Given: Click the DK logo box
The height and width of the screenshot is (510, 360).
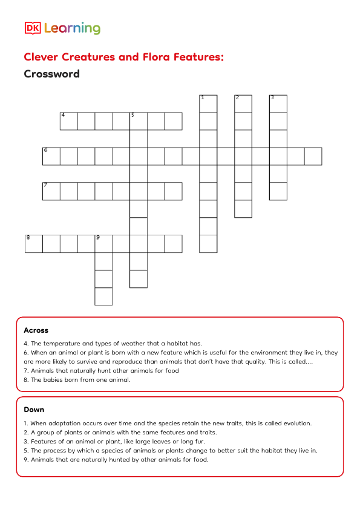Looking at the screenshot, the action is (32, 28).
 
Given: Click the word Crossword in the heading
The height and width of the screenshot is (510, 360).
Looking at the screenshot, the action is (51, 74).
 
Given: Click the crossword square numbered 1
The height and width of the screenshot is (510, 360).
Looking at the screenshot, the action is (208, 103).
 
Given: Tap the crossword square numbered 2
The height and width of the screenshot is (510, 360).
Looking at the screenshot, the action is (243, 103).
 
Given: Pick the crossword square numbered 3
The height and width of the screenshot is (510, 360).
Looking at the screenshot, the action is (278, 103).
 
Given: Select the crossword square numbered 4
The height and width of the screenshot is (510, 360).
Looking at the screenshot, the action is (68, 121).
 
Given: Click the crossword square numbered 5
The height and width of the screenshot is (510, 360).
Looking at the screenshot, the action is (139, 121).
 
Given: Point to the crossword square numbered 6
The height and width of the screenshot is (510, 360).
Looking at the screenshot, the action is (51, 156).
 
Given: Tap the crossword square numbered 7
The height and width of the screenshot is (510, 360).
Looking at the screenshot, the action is (51, 191).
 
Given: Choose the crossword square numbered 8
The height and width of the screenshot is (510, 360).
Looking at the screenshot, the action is (33, 244).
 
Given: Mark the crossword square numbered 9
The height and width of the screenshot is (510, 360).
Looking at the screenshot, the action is (103, 244).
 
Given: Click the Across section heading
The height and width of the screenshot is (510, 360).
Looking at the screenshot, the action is (36, 330).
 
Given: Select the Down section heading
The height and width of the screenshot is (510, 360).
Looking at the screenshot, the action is (34, 410).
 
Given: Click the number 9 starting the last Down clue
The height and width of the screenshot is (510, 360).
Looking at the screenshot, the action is (25, 459).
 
